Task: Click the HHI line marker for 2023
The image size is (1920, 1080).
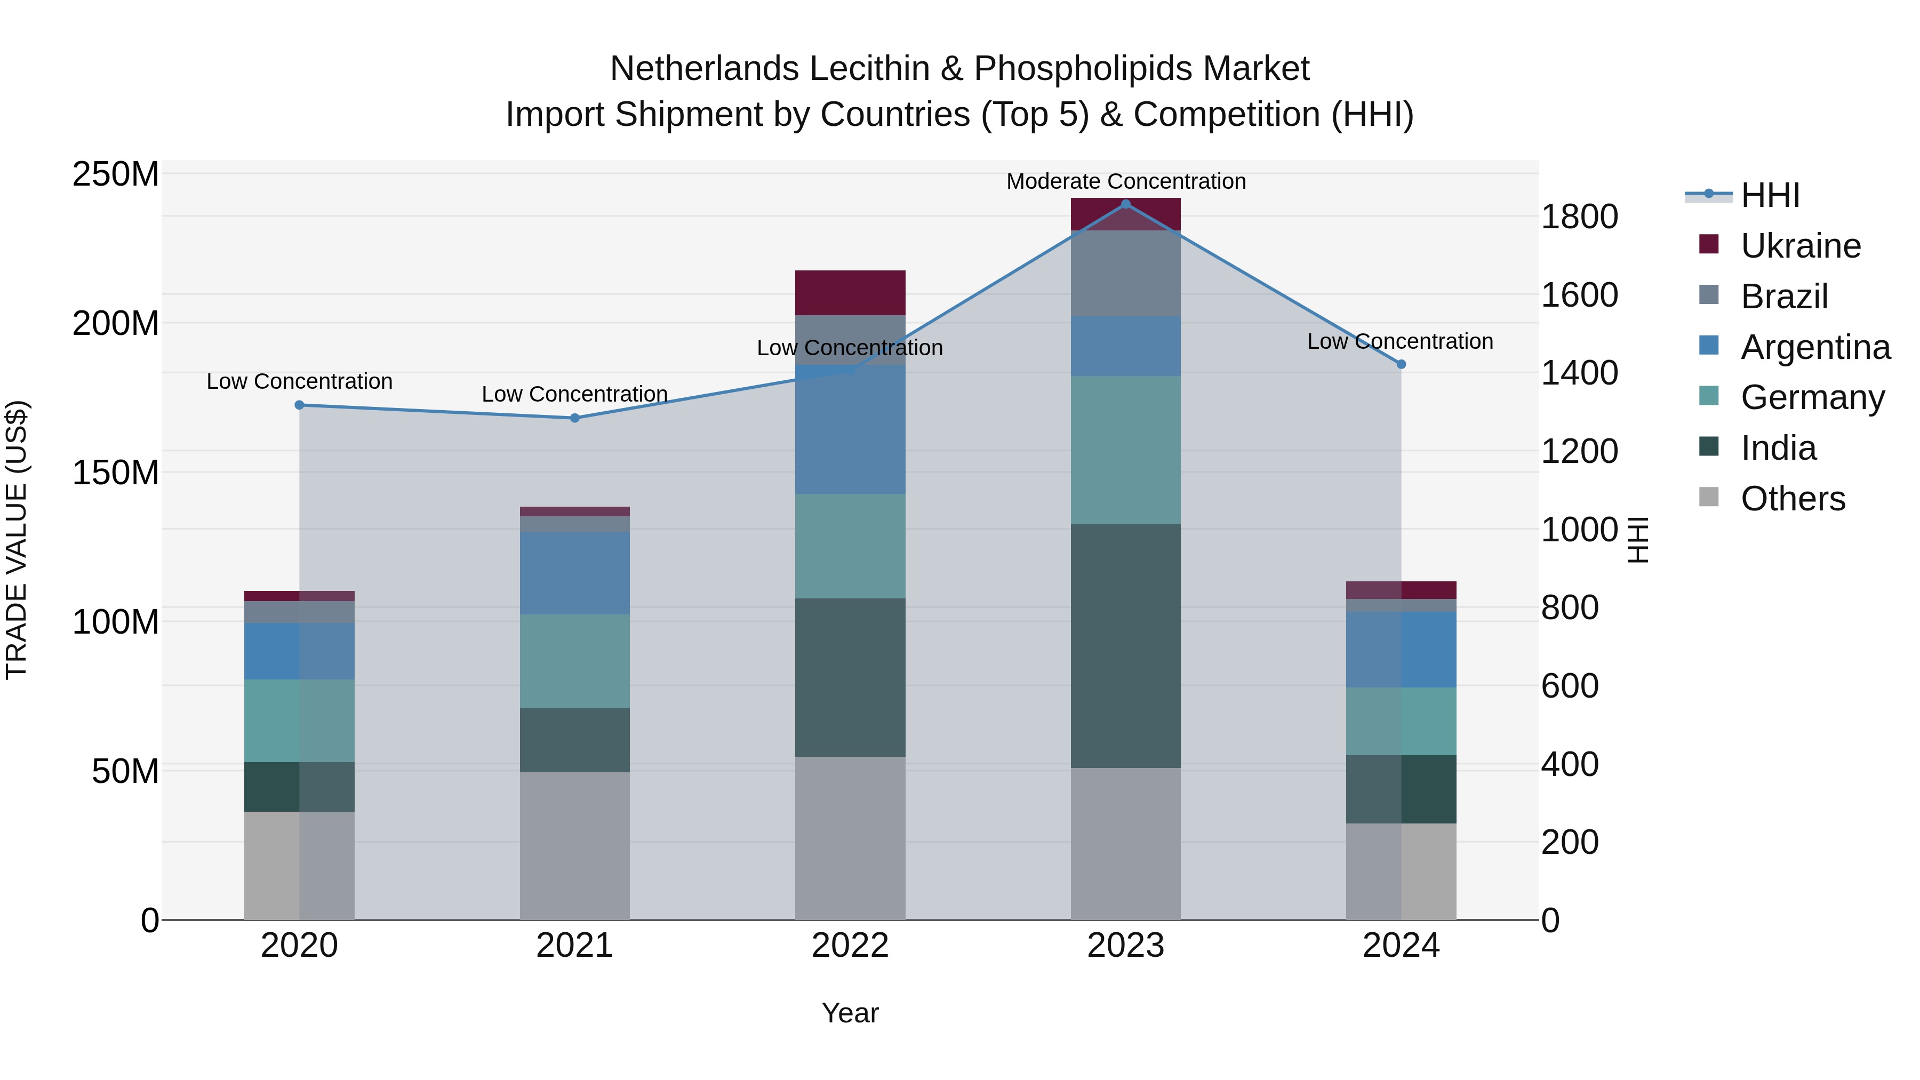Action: pyautogui.click(x=1125, y=204)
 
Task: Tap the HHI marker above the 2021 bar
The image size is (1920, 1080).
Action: pyautogui.click(x=574, y=418)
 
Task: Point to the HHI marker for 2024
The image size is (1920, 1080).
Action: pyautogui.click(x=1401, y=364)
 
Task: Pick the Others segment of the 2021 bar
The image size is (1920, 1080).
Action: pyautogui.click(x=574, y=845)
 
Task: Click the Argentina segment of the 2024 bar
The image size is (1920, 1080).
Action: pyautogui.click(x=1401, y=649)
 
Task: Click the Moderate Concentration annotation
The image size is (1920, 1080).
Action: pyautogui.click(x=1125, y=181)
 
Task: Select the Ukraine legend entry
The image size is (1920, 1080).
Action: pyautogui.click(x=1800, y=246)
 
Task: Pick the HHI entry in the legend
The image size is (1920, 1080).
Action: pyautogui.click(x=1770, y=195)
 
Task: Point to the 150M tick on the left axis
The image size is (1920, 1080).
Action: pyautogui.click(x=116, y=473)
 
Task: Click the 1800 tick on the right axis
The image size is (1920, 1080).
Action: pyautogui.click(x=1579, y=217)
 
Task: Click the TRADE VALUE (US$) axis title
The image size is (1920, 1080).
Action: pyautogui.click(x=17, y=540)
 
